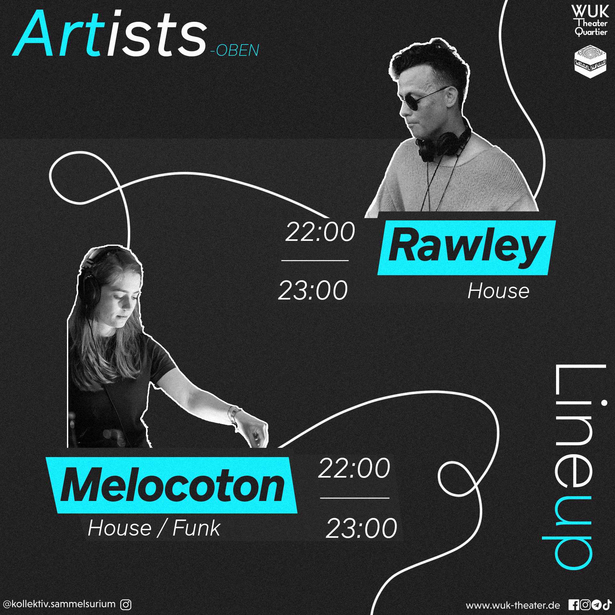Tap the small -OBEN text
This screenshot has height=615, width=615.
coord(235,50)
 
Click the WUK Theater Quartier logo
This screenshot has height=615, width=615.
coord(590,21)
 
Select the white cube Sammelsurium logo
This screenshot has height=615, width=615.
coord(590,61)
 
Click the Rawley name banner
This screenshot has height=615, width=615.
coord(466,247)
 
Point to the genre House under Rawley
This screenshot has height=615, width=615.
coord(498,291)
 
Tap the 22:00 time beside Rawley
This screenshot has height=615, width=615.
coord(320,232)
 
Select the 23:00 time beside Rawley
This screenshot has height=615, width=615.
coord(313,290)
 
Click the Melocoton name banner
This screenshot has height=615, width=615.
coord(172,485)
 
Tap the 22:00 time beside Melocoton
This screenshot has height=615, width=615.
coord(354,468)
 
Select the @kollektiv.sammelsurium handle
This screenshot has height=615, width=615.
coord(59,604)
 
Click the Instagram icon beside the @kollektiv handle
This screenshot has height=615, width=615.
coord(126,604)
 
